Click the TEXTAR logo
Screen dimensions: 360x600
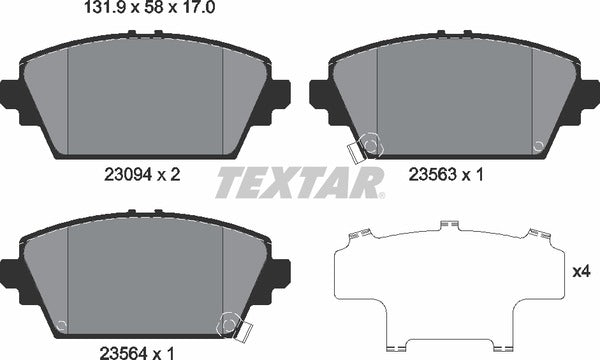pyautogui.click(x=300, y=184)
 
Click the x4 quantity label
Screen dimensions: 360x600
pyautogui.click(x=580, y=271)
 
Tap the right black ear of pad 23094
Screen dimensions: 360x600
pyautogui.click(x=278, y=96)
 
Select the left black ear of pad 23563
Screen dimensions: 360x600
pyautogui.click(x=323, y=96)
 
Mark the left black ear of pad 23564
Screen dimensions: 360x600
pyautogui.click(x=13, y=272)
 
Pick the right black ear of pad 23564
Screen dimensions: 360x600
pyautogui.click(x=279, y=272)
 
